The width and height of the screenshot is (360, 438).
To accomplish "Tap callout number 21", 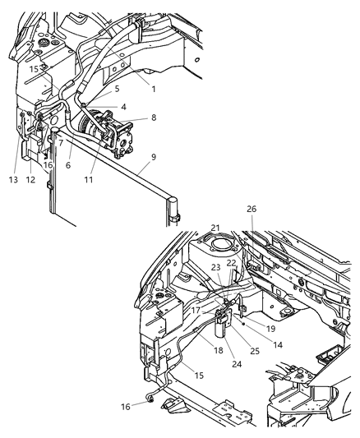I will (215, 228).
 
